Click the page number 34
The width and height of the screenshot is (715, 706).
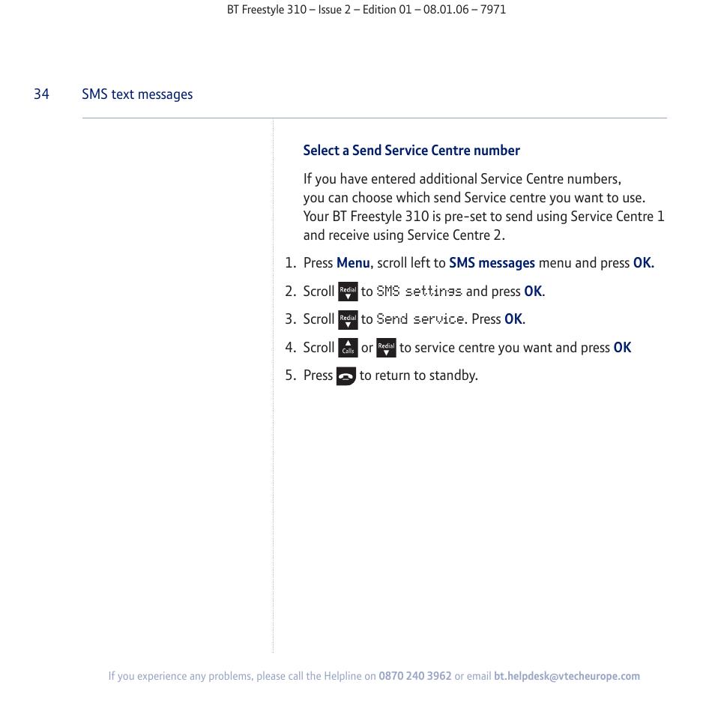(41, 94)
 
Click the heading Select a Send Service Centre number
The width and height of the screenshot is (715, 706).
(411, 151)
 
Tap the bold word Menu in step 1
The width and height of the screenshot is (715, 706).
(353, 263)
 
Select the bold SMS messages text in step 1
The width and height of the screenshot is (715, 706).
(492, 263)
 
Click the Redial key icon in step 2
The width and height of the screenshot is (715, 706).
(348, 292)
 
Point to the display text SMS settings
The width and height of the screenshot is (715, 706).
(419, 292)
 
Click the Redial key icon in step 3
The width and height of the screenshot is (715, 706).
(348, 320)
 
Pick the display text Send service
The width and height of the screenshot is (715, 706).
(420, 319)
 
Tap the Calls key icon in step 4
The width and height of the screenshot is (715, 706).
(348, 348)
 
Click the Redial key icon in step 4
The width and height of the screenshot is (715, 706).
(386, 348)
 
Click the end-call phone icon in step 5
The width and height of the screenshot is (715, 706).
(346, 376)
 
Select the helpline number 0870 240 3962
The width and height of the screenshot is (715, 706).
(415, 676)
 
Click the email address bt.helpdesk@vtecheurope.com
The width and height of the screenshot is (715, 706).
(567, 676)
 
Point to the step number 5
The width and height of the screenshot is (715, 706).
(290, 375)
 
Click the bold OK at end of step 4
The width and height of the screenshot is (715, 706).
(622, 348)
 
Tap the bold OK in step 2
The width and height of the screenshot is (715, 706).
(532, 292)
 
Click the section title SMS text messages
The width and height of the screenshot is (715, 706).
(137, 94)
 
